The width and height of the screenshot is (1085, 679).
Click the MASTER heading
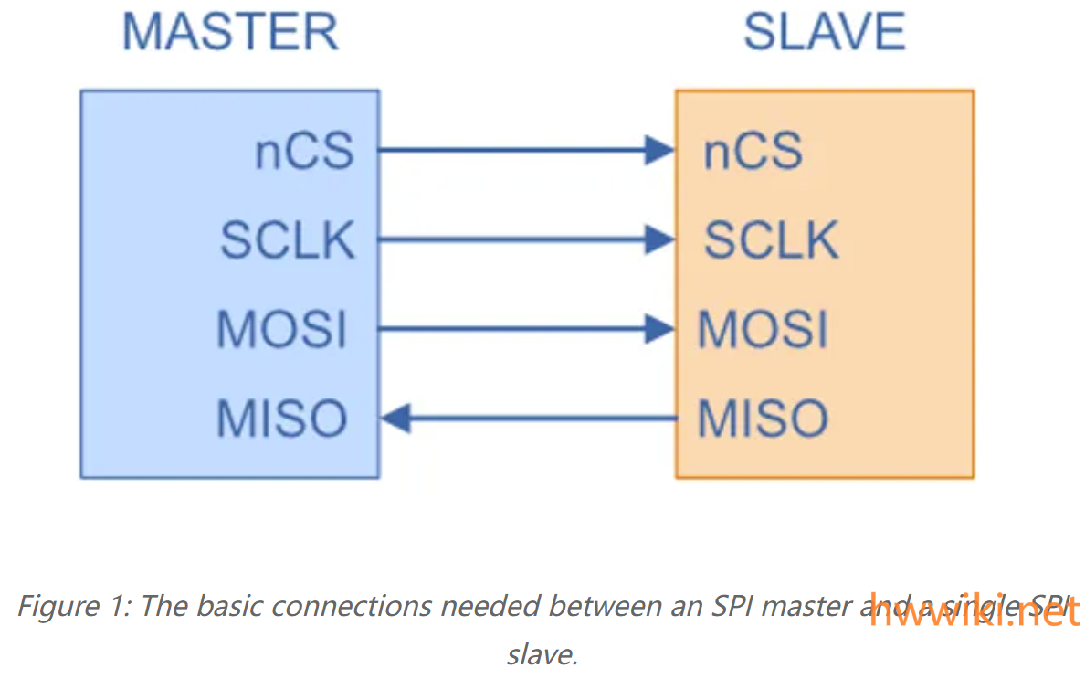pyautogui.click(x=230, y=32)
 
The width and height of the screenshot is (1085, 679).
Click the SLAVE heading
pyautogui.click(x=824, y=32)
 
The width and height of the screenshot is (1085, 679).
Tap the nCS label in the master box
pyautogui.click(x=303, y=151)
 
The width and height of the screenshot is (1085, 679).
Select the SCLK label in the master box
pyautogui.click(x=287, y=240)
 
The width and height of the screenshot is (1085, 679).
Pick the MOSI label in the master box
pyautogui.click(x=282, y=329)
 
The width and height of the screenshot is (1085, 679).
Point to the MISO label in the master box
pyautogui.click(x=282, y=419)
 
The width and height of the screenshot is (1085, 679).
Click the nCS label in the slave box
pyautogui.click(x=753, y=151)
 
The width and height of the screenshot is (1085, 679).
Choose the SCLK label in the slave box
pyautogui.click(x=771, y=240)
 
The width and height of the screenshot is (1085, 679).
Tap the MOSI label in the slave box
pyautogui.click(x=763, y=329)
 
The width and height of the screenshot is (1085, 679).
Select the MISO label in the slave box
pyautogui.click(x=763, y=419)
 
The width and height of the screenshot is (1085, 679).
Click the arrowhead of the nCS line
pyautogui.click(x=659, y=150)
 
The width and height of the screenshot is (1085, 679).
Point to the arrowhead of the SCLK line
pyautogui.click(x=659, y=239)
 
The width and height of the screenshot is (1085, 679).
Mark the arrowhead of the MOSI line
pyautogui.click(x=659, y=329)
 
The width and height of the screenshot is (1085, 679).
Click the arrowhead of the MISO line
pyautogui.click(x=395, y=419)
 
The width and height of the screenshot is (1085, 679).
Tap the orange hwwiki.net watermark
pyautogui.click(x=974, y=612)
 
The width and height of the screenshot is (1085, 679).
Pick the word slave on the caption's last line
pyautogui.click(x=542, y=654)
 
